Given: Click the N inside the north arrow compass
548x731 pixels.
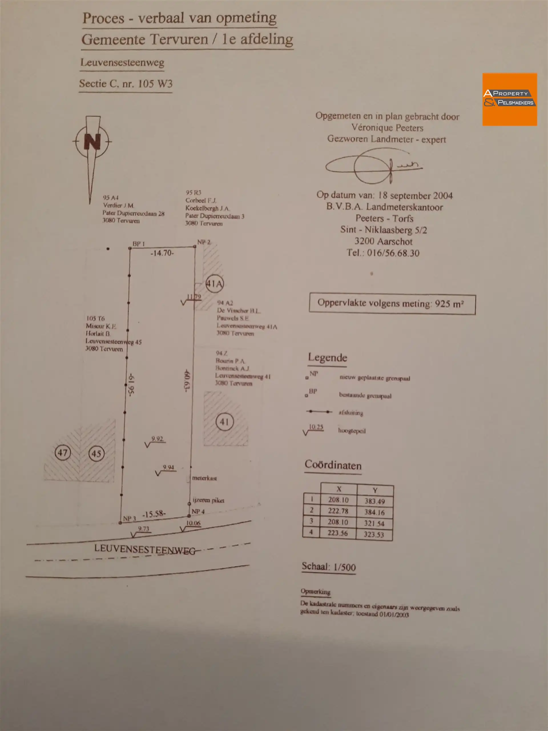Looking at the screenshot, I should [92, 141].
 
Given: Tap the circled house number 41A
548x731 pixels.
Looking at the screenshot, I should [214, 284].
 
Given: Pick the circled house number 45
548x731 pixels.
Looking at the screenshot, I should [96, 453].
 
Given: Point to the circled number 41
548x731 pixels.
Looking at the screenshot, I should [224, 422].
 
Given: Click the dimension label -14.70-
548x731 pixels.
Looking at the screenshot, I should [162, 253].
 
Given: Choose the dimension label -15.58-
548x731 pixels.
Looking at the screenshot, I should [154, 514].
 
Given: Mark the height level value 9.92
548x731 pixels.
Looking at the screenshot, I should [157, 439].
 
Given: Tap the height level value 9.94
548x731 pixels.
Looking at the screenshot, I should [168, 467].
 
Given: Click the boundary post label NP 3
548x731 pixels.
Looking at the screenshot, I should [129, 519].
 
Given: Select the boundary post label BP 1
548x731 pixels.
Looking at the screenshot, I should [138, 244].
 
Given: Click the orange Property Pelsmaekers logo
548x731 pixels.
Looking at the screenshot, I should [509, 99].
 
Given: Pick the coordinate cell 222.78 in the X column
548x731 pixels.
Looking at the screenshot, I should [338, 511].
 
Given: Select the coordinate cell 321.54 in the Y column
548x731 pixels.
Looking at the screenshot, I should [374, 523].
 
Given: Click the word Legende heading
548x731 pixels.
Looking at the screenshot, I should [327, 358].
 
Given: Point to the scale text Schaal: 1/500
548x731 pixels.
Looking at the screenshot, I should [329, 567].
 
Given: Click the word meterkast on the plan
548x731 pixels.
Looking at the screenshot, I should [204, 478].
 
